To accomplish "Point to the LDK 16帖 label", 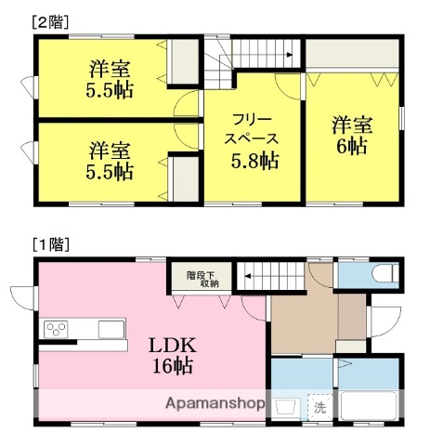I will tap(173, 355).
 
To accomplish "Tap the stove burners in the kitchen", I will tap(57, 329).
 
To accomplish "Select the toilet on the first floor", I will tap(384, 275).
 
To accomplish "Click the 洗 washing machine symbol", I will tap(319, 406).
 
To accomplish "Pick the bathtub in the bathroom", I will tap(370, 406).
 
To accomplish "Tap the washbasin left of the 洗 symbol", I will tap(286, 406).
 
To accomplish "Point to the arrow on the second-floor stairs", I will tap(289, 55).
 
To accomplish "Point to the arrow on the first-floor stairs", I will tap(248, 275).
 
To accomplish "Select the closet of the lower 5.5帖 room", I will tap(184, 177).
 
